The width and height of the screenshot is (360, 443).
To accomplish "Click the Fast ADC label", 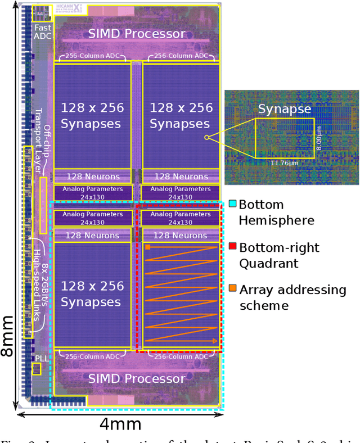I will point(42,31).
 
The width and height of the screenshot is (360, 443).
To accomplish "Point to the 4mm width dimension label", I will point(120,424).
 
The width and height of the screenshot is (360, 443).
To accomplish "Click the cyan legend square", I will point(232,205).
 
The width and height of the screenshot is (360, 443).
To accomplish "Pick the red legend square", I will point(232,247).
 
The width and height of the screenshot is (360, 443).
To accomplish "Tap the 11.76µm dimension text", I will point(284,164).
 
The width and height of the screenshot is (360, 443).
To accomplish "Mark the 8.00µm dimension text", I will point(319,137).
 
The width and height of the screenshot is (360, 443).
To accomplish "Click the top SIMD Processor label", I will point(136,33).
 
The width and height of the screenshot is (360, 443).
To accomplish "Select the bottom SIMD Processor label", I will point(136,378).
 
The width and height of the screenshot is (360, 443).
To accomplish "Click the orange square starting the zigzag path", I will point(148,247).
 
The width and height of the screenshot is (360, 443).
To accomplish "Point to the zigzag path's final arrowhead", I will point(215,341).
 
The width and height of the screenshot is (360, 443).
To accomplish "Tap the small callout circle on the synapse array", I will point(206,137).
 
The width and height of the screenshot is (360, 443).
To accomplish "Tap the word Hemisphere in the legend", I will point(276,220).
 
